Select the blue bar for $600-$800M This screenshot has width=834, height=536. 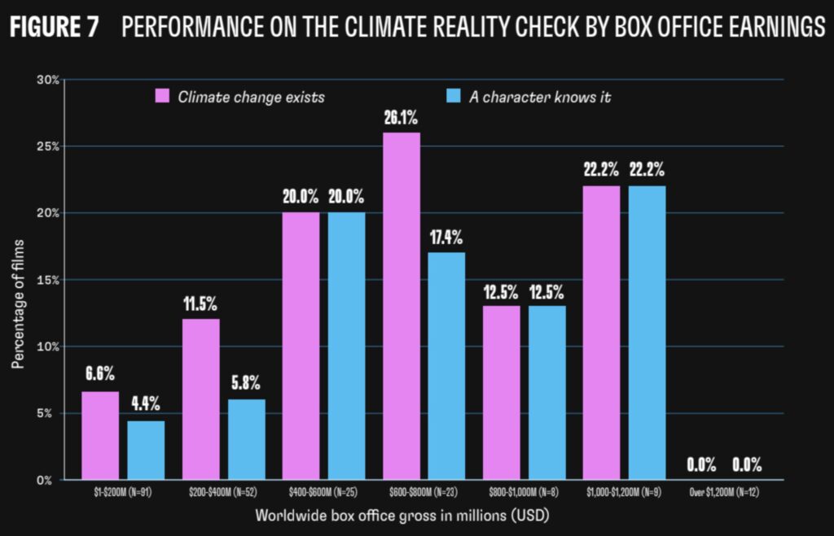pos(446,366)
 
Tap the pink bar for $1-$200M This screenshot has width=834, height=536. pos(100,435)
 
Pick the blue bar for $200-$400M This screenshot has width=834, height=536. pos(246,439)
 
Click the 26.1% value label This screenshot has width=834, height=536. pos(401,118)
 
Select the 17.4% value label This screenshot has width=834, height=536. pos(446,238)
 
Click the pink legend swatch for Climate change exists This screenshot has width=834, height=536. pos(161,97)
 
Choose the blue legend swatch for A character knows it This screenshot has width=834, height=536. pos(454,97)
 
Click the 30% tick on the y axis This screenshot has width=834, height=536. pos(48,80)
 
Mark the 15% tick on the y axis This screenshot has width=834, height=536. pos(48,280)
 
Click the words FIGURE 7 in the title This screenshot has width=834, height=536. pos(54,28)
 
